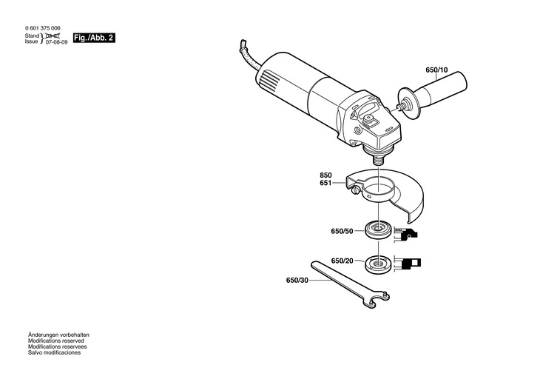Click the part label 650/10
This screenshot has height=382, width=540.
pyautogui.click(x=436, y=70)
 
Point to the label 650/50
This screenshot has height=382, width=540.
pyautogui.click(x=342, y=232)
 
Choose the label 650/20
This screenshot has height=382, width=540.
pyautogui.click(x=343, y=261)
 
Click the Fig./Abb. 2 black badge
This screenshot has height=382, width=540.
pyautogui.click(x=94, y=37)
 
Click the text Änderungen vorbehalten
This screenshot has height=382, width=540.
pyautogui.click(x=58, y=335)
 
